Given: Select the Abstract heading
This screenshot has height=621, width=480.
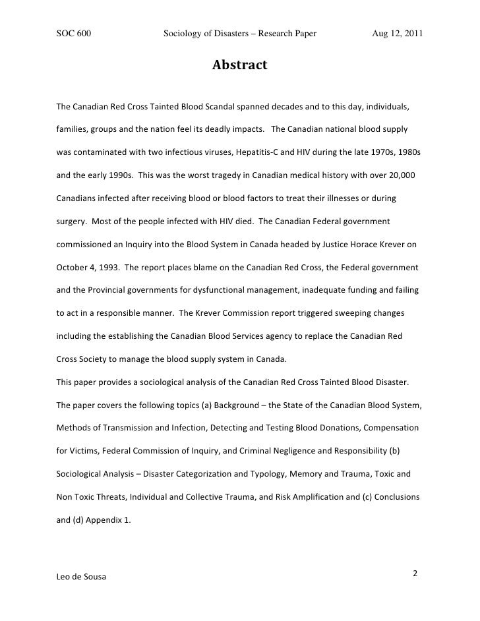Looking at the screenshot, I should (x=239, y=65).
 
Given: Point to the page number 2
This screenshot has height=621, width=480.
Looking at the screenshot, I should (x=415, y=573).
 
